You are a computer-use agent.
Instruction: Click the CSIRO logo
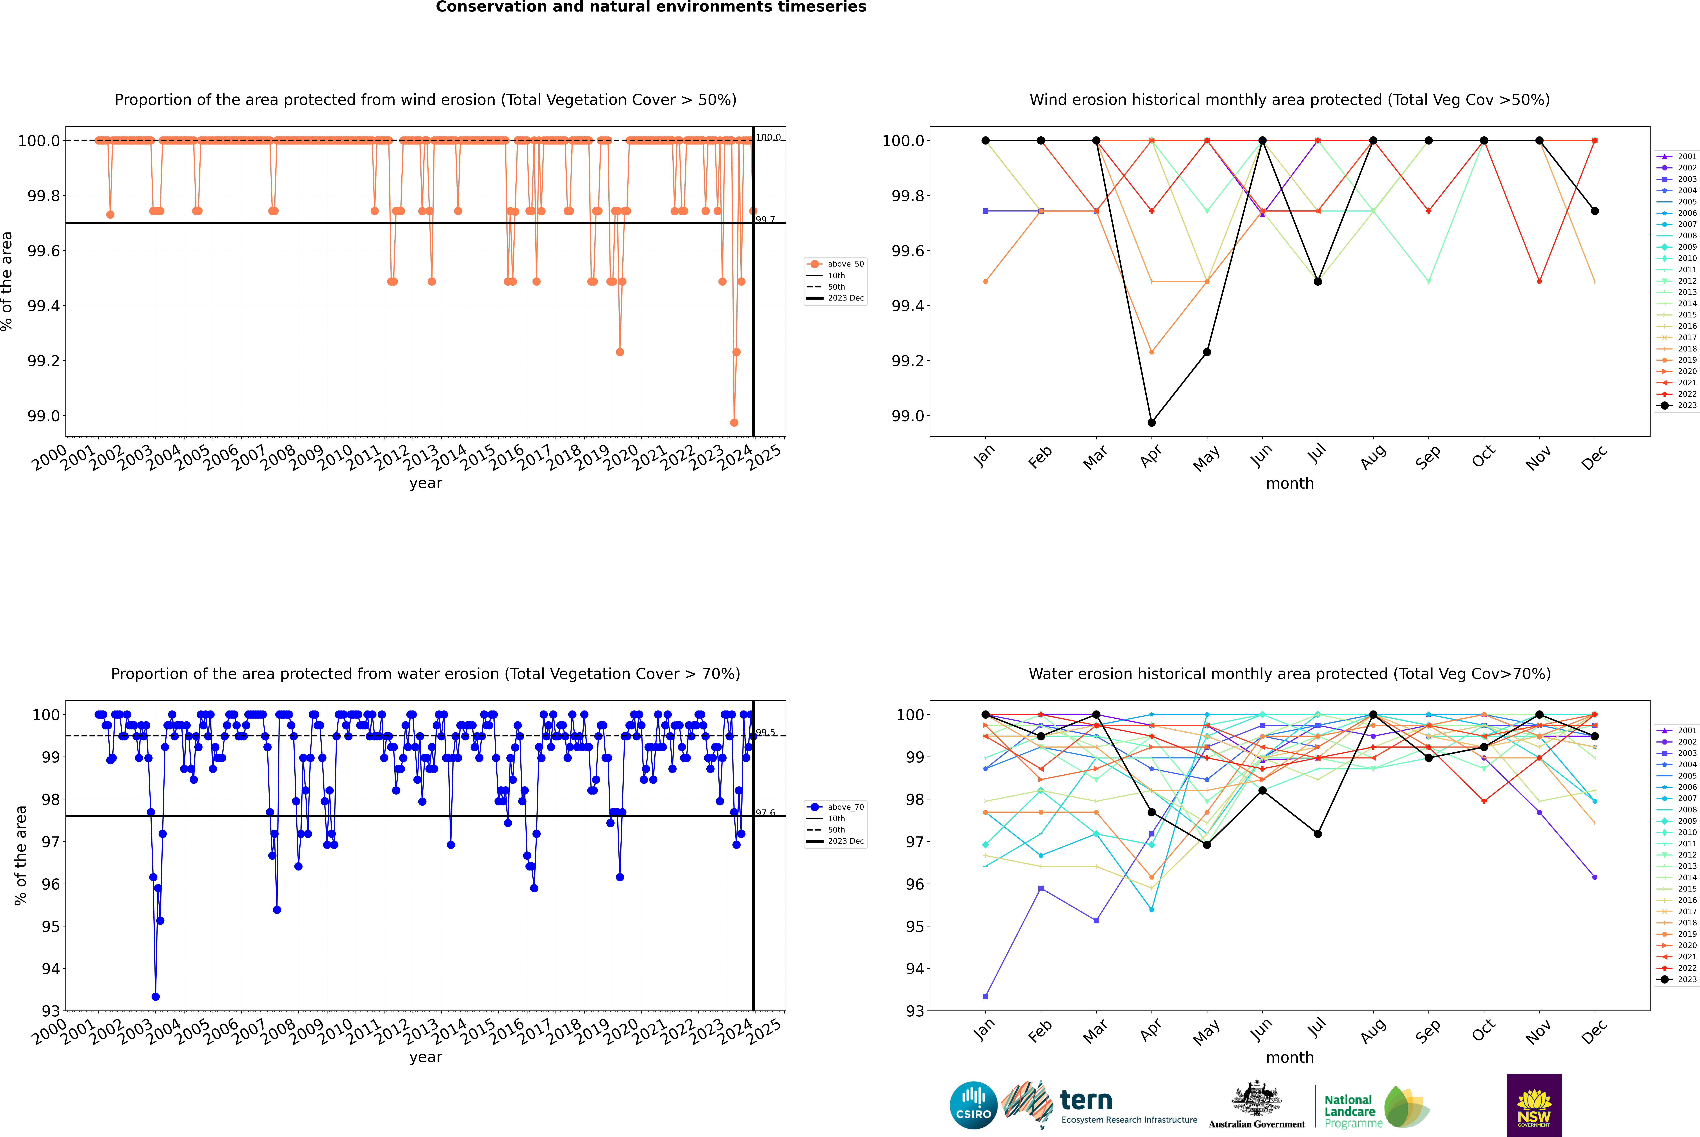click(973, 1105)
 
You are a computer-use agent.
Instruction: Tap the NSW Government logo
click(1534, 1105)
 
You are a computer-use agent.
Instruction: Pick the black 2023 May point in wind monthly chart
click(1207, 352)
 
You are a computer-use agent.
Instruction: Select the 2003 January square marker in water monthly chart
click(986, 996)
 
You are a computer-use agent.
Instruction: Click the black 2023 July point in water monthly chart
click(1317, 834)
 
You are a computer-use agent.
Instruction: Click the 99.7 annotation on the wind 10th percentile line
click(765, 220)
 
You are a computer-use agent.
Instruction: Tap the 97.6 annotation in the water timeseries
click(765, 813)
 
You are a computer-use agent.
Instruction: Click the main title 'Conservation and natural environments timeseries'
click(651, 7)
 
